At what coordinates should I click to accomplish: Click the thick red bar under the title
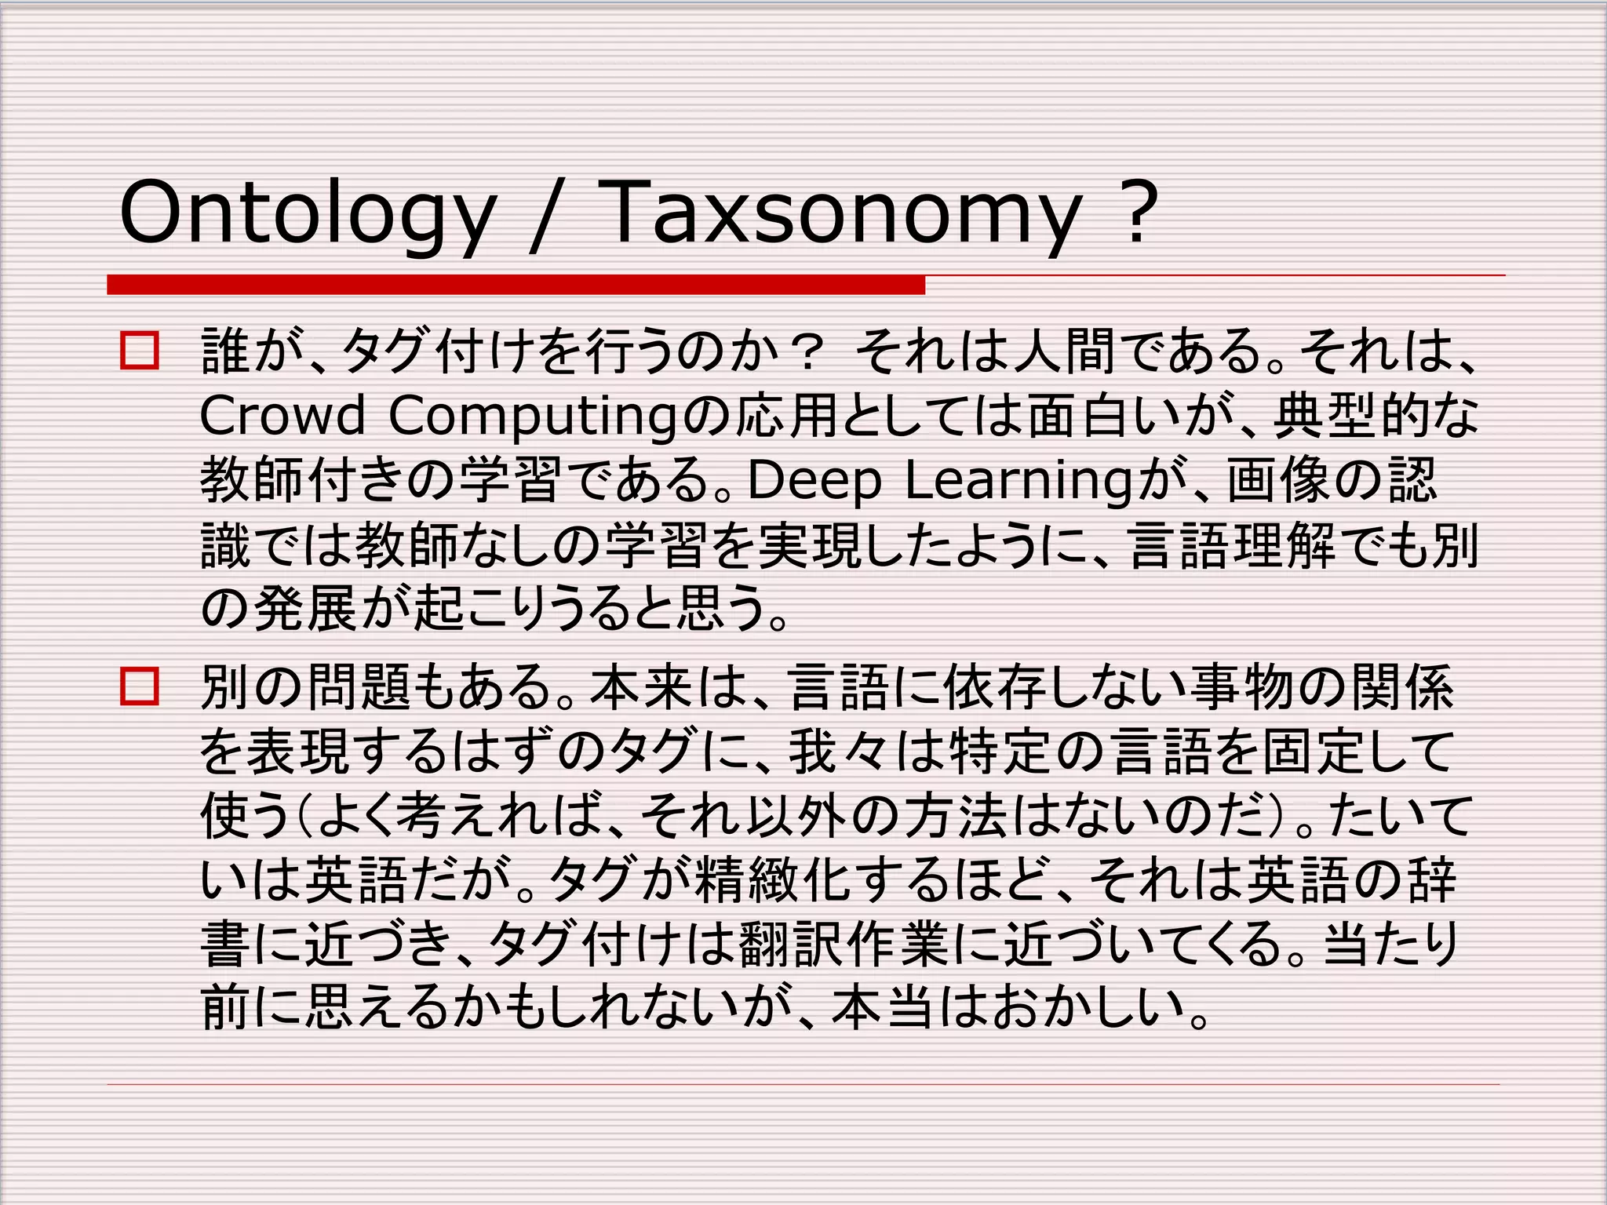[x=516, y=285]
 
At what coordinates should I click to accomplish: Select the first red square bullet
[x=140, y=351]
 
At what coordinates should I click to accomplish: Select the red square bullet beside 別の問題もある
[x=140, y=686]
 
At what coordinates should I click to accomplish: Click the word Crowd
[x=282, y=415]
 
